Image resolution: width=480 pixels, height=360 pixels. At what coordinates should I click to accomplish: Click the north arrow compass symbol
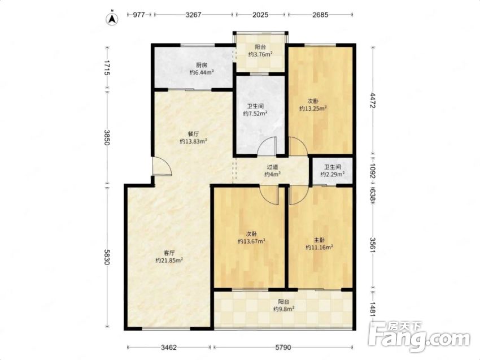pyautogui.click(x=112, y=19)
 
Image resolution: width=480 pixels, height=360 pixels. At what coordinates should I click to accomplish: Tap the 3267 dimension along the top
pyautogui.click(x=193, y=15)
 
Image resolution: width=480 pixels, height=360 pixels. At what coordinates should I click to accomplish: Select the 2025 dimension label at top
pyautogui.click(x=260, y=15)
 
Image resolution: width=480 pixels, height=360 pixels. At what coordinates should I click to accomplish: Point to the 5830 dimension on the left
pyautogui.click(x=107, y=257)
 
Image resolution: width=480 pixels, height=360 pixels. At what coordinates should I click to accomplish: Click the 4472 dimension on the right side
pyautogui.click(x=373, y=100)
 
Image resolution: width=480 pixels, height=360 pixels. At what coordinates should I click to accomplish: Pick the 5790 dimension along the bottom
pyautogui.click(x=283, y=348)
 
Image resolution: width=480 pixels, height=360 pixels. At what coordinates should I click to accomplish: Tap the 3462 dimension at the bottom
pyautogui.click(x=169, y=348)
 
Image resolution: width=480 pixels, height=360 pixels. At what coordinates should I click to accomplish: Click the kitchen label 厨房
pyautogui.click(x=202, y=65)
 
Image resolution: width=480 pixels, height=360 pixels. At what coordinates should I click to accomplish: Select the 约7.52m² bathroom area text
pyautogui.click(x=255, y=114)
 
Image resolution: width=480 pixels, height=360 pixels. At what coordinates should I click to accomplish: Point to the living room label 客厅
pyautogui.click(x=169, y=253)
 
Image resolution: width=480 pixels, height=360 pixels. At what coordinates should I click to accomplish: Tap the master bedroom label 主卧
pyautogui.click(x=319, y=240)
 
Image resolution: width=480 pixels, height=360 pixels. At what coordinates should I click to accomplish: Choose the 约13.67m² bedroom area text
pyautogui.click(x=252, y=241)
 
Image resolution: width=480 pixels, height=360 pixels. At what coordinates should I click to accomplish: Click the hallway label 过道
pyautogui.click(x=272, y=167)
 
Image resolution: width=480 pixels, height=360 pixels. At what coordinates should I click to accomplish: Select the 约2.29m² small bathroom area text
pyautogui.click(x=333, y=174)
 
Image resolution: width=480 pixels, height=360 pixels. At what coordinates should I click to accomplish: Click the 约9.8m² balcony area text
pyautogui.click(x=284, y=309)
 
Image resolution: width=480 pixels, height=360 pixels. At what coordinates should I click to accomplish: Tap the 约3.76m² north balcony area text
pyautogui.click(x=260, y=54)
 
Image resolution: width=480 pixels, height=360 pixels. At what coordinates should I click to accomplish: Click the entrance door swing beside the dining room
pyautogui.click(x=162, y=166)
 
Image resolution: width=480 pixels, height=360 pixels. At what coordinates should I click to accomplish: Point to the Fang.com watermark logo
pyautogui.click(x=420, y=336)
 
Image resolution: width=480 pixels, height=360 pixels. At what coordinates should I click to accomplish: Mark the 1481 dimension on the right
pyautogui.click(x=373, y=310)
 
